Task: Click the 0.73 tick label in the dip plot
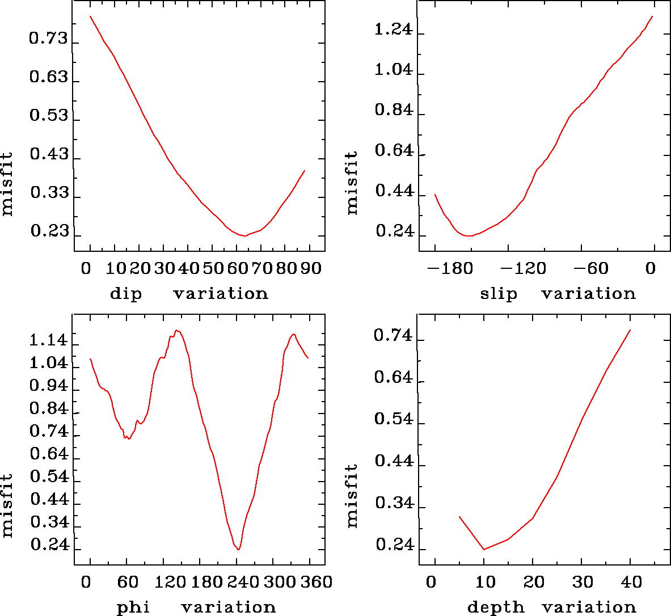coord(48,39)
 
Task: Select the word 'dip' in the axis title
coord(125,293)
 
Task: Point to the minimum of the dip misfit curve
coord(244,235)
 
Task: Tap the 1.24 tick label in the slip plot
coord(393,29)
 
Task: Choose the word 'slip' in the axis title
coord(499,293)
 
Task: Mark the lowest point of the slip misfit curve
coord(468,235)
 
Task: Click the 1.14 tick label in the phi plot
coord(48,341)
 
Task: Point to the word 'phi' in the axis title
coord(133,607)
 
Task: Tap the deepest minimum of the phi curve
coord(239,549)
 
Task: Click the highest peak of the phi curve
coord(177,330)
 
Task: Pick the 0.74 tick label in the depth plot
coord(393,336)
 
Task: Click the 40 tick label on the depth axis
coord(630,581)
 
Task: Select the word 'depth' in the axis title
coord(495,607)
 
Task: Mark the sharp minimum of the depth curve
coord(484,549)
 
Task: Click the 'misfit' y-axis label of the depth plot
coord(352,496)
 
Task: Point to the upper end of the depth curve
coord(630,330)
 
